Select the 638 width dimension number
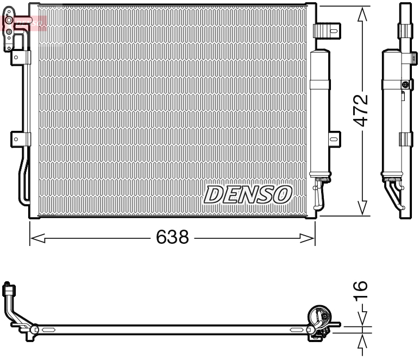[172, 237]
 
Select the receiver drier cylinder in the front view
[319, 114]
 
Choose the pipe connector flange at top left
[9, 31]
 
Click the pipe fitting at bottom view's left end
[8, 290]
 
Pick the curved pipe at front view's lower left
[22, 179]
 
